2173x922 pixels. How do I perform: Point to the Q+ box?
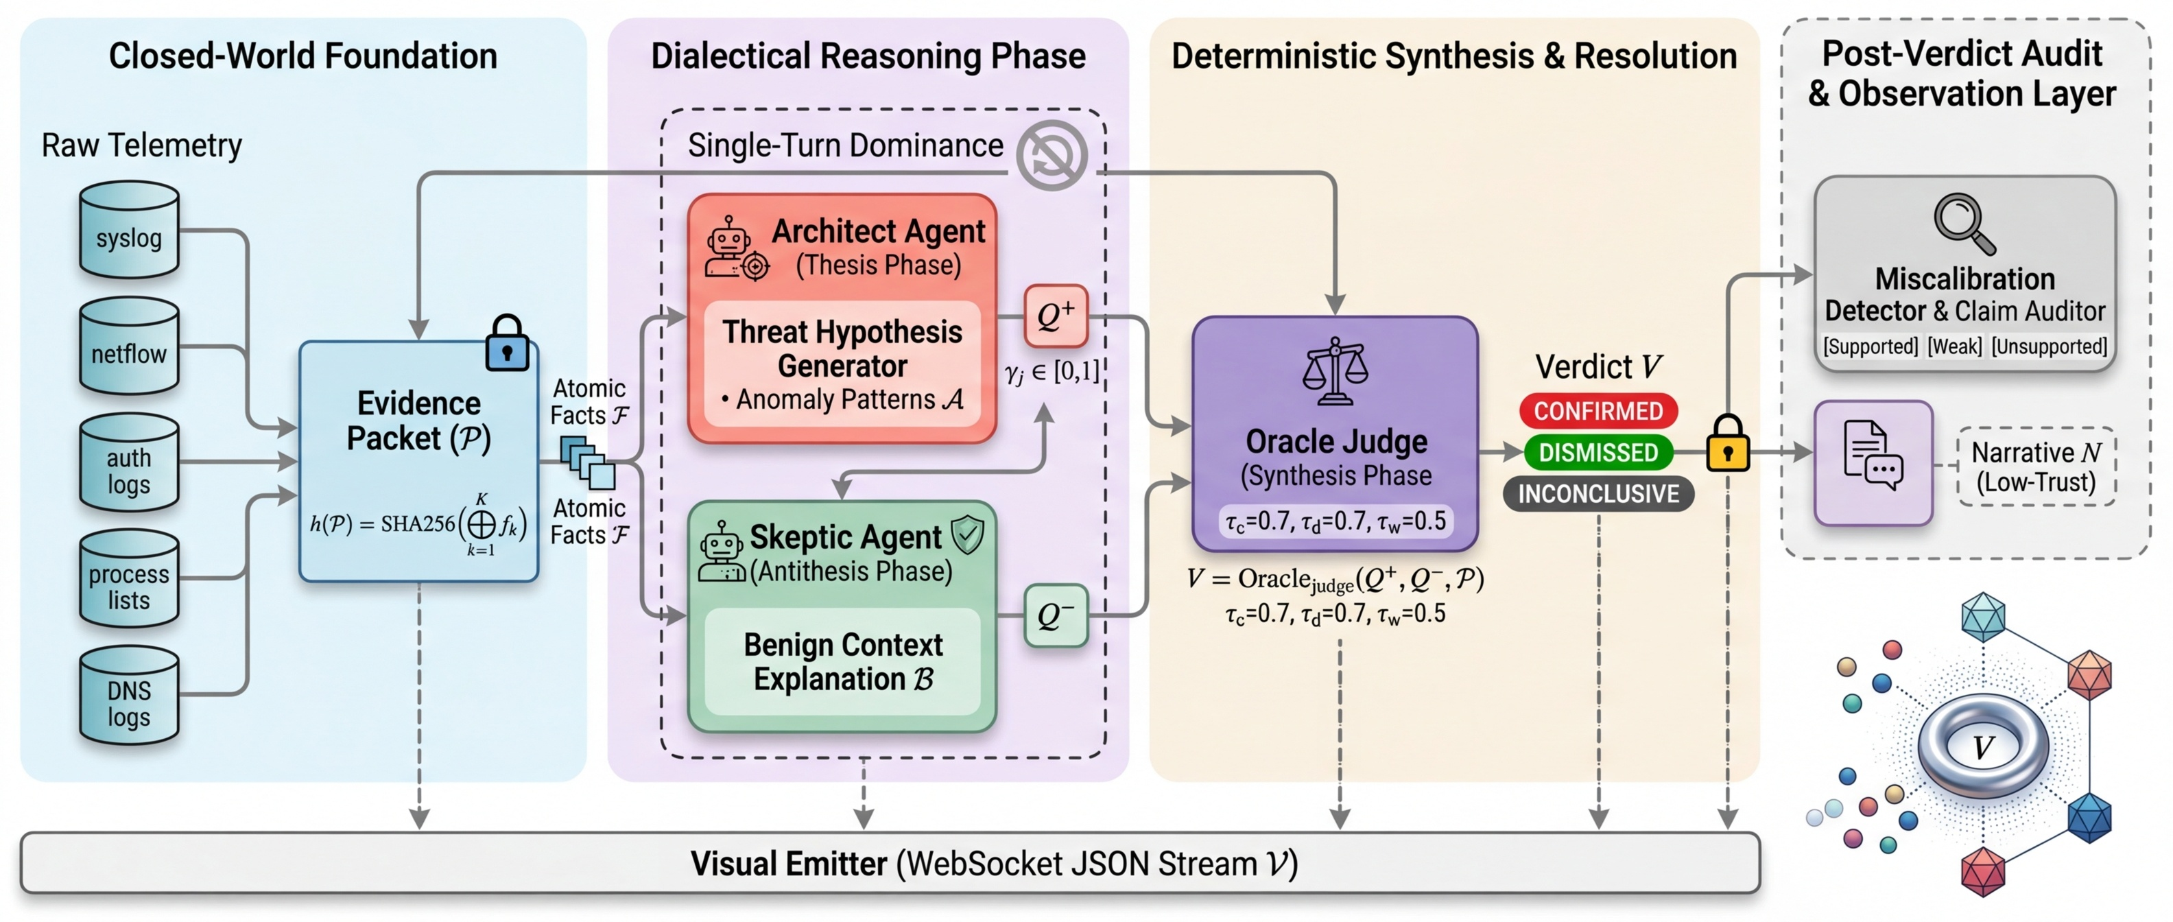coord(1055,316)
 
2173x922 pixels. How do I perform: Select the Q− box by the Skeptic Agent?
coord(1055,616)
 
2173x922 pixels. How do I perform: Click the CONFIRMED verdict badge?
coord(1598,411)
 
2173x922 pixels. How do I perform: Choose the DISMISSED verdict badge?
coord(1598,452)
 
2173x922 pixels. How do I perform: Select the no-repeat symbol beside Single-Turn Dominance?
coord(1051,155)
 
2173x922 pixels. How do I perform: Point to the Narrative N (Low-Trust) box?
coord(2036,466)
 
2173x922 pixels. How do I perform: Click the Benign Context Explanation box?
coord(843,661)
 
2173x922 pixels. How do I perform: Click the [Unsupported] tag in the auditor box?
coord(2049,346)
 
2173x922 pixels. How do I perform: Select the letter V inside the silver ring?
coord(1982,746)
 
